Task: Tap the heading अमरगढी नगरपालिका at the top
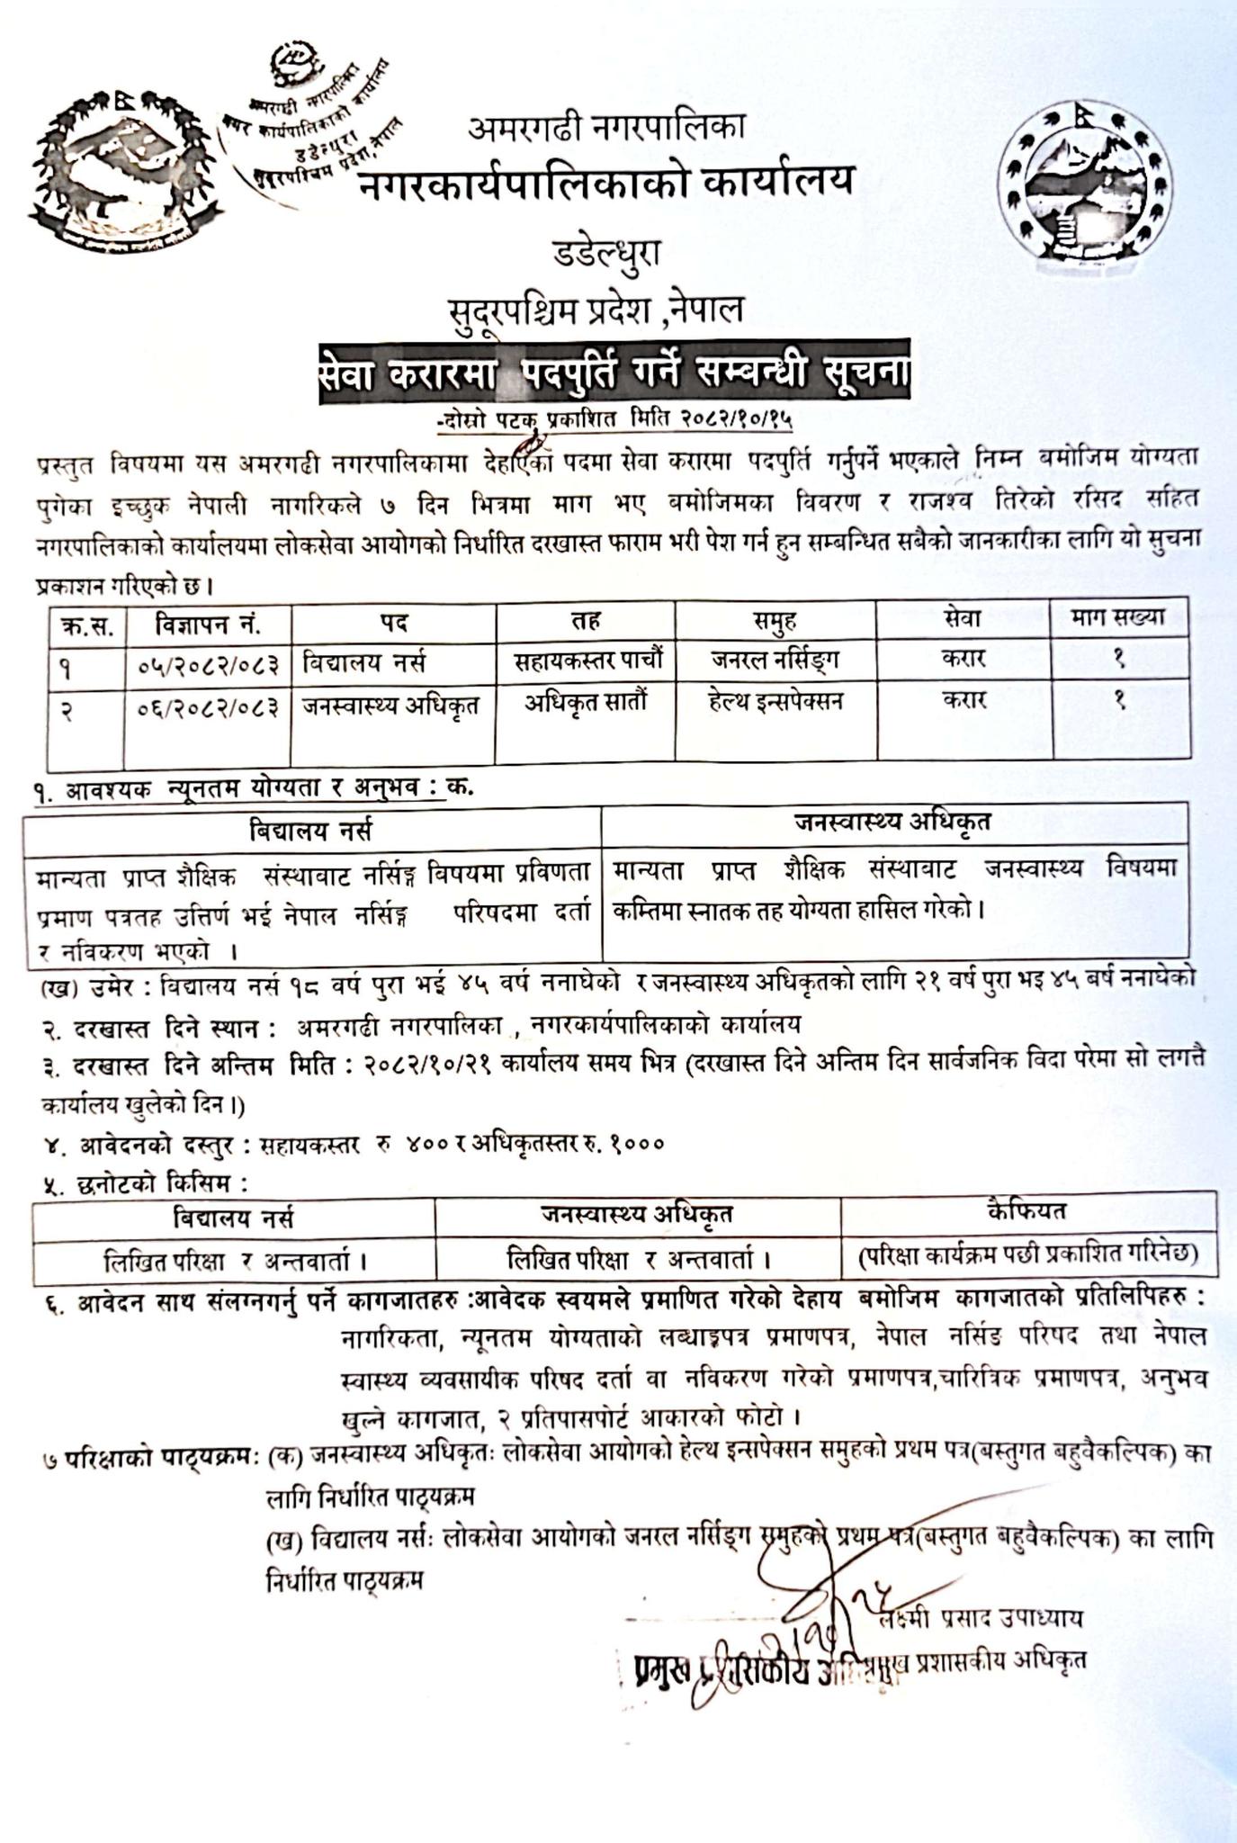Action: point(605,127)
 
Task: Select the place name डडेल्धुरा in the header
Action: point(605,254)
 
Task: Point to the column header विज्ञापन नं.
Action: point(208,622)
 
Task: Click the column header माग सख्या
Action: point(1119,617)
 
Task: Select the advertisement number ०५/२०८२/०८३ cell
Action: point(208,665)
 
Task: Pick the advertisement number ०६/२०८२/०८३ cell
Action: point(208,706)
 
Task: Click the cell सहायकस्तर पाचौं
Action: point(587,661)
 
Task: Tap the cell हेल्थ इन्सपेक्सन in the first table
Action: point(775,701)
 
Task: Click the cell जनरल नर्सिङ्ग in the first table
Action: point(775,661)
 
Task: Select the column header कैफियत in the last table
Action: point(1026,1210)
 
